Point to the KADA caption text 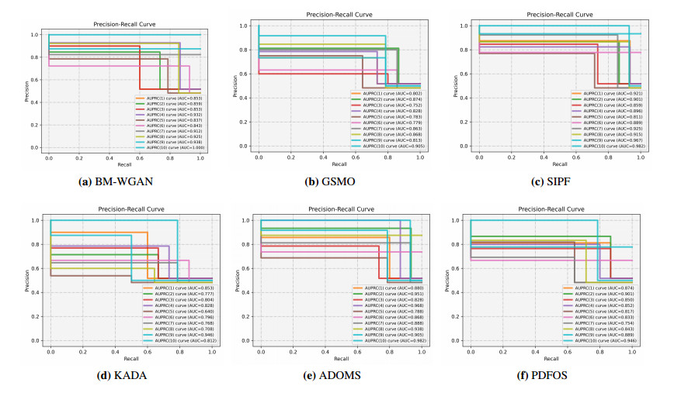[x=116, y=376]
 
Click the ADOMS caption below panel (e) [x=337, y=376]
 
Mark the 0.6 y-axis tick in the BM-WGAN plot [x=33, y=80]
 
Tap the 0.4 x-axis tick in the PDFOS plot [x=535, y=353]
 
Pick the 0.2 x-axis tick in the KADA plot [x=82, y=353]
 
